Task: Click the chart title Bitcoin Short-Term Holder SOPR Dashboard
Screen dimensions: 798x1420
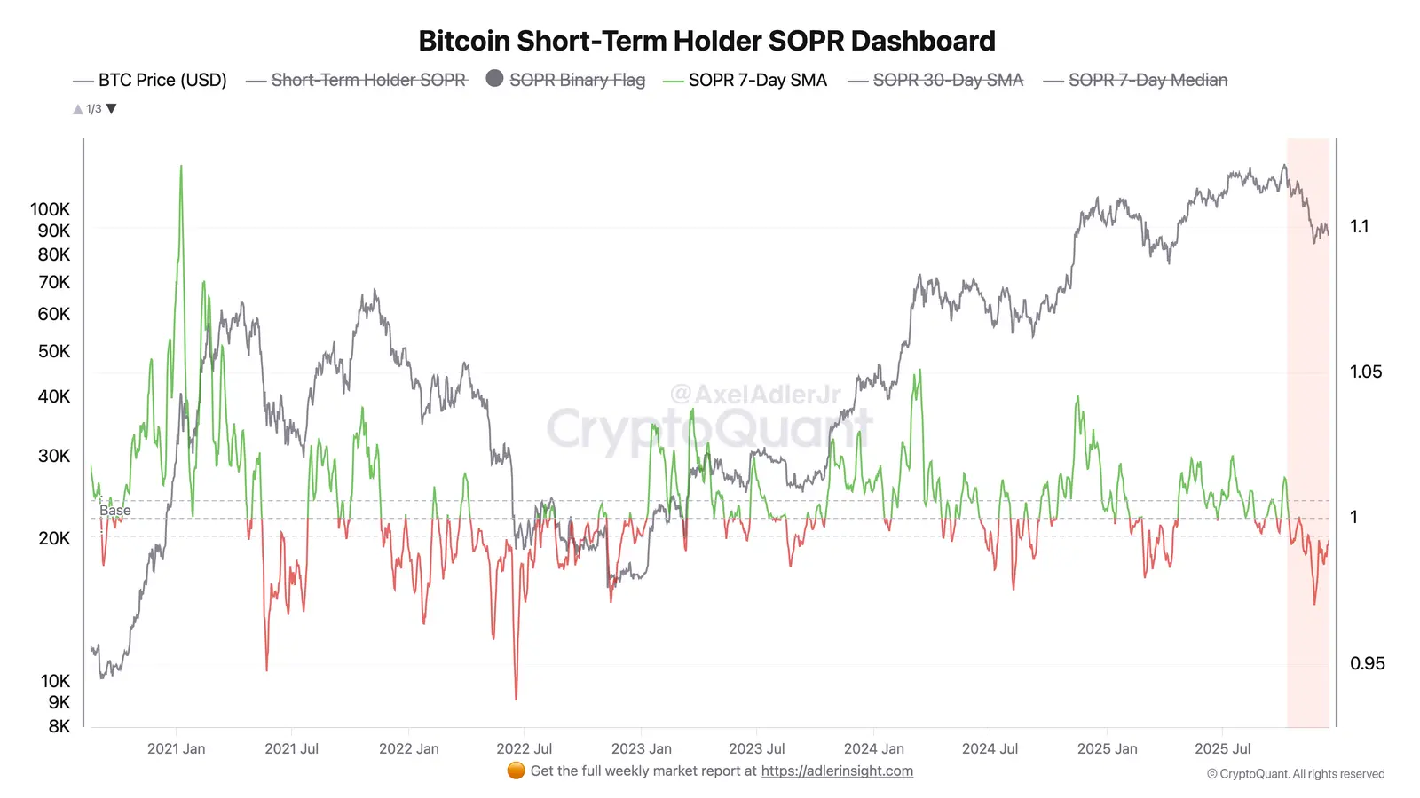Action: click(706, 41)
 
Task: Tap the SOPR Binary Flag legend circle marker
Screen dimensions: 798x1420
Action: click(494, 78)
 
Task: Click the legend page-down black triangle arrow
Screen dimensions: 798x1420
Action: click(112, 109)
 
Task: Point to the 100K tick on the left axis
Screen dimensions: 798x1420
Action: click(50, 209)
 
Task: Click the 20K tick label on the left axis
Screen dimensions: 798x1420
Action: click(54, 538)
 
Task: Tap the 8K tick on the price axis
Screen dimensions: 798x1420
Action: click(59, 726)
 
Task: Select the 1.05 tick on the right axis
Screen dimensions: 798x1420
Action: click(1365, 372)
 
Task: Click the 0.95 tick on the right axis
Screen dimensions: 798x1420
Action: click(1366, 663)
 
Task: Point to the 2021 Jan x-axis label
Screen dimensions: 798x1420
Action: click(176, 748)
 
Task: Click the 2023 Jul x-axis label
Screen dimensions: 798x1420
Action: click(756, 748)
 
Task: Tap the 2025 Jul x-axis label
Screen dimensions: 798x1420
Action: click(1222, 748)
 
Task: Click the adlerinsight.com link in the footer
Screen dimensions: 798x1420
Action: click(836, 771)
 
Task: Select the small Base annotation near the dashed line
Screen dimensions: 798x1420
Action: click(115, 511)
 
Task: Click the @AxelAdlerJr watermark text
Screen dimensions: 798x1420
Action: click(754, 394)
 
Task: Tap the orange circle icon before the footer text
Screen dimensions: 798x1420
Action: click(516, 771)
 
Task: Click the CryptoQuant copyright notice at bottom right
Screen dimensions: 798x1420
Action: click(1295, 774)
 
